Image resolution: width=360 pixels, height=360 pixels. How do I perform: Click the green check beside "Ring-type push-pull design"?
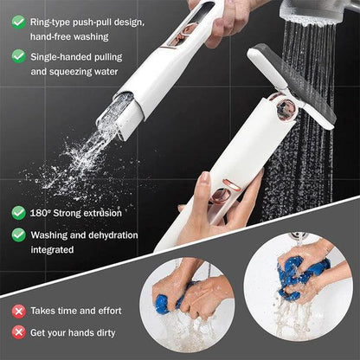(x=17, y=20)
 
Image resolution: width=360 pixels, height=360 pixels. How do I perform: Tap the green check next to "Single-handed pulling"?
(x=17, y=55)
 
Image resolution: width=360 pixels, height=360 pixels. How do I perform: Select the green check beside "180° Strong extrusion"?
(x=17, y=212)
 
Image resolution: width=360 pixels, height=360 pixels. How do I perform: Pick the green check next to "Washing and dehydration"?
(x=17, y=234)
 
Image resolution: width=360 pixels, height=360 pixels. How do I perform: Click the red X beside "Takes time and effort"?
(x=17, y=310)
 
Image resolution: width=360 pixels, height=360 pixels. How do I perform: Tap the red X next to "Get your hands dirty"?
(x=17, y=331)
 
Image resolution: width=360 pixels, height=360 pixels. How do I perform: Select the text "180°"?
(x=42, y=212)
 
